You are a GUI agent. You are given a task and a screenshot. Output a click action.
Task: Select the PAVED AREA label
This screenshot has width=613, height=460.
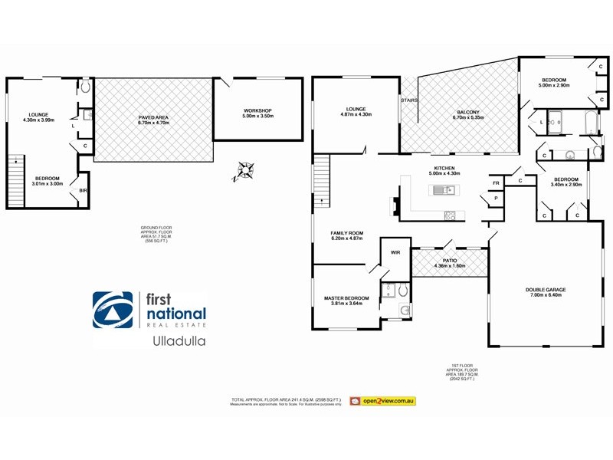[153, 117]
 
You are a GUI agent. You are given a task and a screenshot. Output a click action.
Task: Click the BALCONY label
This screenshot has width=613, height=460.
[467, 112]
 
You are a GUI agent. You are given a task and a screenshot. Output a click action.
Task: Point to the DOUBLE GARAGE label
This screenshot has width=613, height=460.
[546, 289]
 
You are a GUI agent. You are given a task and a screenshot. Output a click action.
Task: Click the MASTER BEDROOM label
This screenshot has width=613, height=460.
[346, 297]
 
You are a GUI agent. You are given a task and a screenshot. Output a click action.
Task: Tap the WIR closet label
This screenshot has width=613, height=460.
[395, 251]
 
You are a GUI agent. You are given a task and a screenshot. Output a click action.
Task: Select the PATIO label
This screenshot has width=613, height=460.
[450, 261]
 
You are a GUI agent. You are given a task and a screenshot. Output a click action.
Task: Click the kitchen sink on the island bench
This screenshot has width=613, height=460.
[442, 190]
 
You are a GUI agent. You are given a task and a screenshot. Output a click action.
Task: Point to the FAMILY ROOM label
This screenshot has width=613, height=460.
[346, 233]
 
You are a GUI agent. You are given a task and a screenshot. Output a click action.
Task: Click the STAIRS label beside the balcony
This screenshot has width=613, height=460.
[408, 100]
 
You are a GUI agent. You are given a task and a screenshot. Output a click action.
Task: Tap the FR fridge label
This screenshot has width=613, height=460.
[496, 182]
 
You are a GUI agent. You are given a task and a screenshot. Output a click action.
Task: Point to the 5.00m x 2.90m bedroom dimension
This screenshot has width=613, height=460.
[553, 86]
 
